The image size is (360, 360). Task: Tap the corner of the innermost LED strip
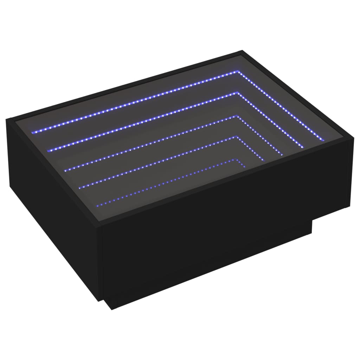tap(237, 160)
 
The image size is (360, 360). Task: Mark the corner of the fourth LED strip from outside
tap(237, 137)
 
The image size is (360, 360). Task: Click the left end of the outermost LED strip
tap(33, 132)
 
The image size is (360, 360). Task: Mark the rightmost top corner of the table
tap(352, 141)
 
